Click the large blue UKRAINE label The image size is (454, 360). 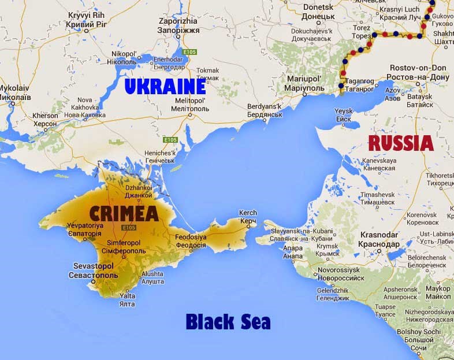(165, 87)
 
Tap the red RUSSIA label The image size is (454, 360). (401, 143)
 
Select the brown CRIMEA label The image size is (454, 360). (123, 213)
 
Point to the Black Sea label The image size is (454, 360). (228, 321)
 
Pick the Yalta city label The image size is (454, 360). (126, 299)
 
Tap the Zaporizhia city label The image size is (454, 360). (178, 26)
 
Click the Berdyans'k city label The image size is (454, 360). (264, 110)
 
